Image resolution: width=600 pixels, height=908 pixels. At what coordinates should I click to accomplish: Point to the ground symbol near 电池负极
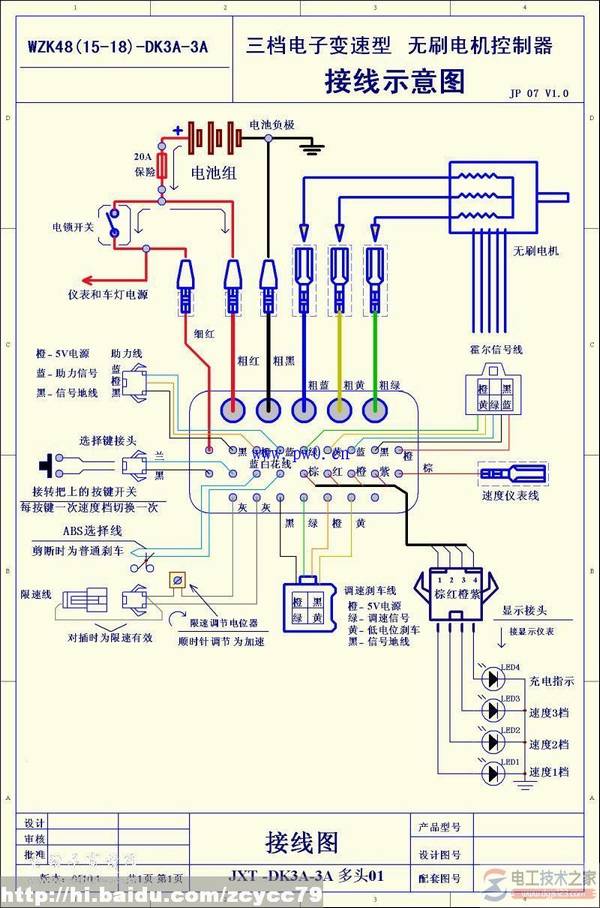313,148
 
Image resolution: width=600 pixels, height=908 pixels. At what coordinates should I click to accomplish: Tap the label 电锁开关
73,227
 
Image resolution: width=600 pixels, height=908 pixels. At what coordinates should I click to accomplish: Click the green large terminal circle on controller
376,409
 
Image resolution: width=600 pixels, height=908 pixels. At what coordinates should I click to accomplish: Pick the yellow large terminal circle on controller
340,409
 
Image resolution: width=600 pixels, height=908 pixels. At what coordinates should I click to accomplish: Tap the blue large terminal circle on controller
304,409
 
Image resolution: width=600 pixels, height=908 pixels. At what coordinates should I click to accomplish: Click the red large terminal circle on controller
233,409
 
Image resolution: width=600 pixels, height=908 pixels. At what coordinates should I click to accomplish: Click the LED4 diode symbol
491,678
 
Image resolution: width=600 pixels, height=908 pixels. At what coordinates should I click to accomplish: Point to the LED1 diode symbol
491,773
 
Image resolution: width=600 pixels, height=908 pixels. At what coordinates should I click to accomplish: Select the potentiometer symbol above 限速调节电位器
177,579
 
